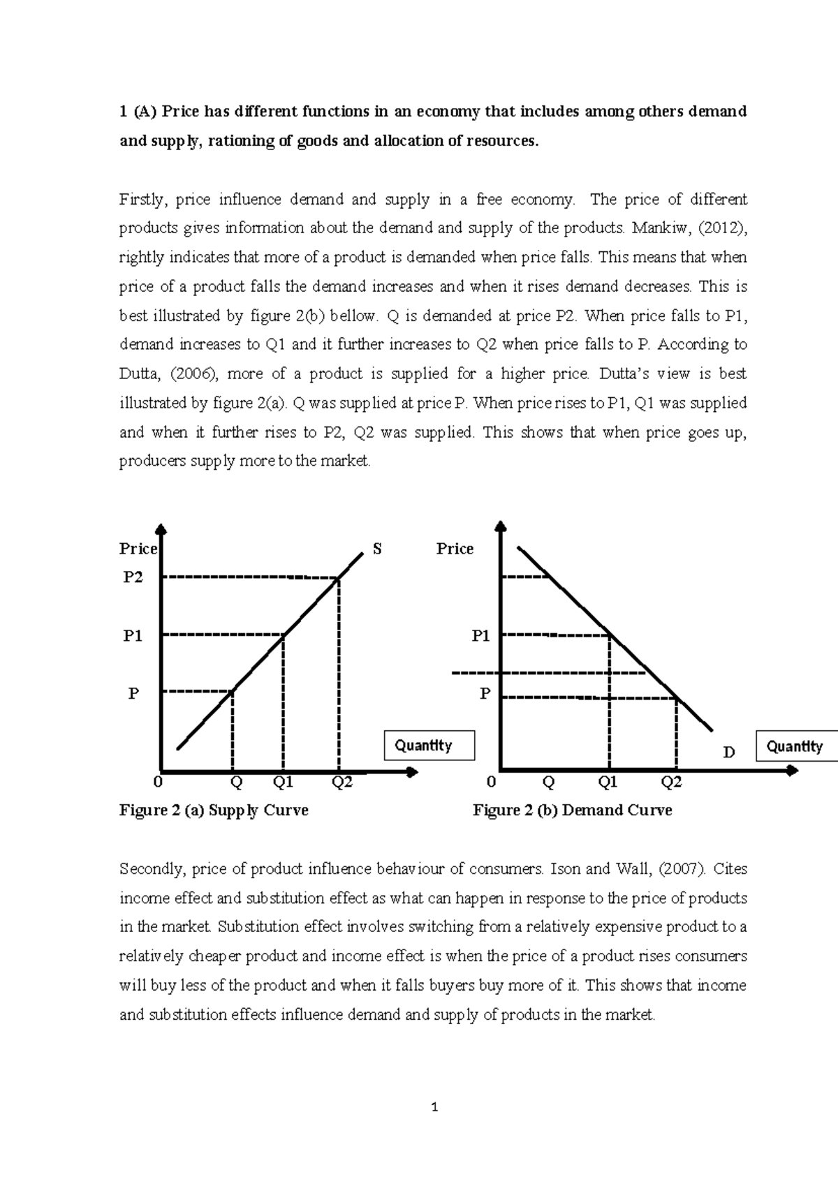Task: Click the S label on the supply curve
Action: click(377, 549)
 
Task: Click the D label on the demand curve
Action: click(729, 752)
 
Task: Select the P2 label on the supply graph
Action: click(133, 577)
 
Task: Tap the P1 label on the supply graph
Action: click(133, 635)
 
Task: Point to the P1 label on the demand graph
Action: click(480, 635)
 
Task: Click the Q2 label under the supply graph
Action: click(342, 782)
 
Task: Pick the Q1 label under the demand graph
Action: click(608, 782)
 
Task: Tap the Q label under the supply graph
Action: click(236, 782)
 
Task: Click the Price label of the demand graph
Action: click(455, 549)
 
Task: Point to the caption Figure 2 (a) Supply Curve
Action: click(214, 810)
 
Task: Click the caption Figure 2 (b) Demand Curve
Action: click(572, 810)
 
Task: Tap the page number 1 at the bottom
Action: click(434, 1107)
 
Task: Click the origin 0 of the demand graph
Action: click(491, 782)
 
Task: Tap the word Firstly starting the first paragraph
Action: click(142, 200)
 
